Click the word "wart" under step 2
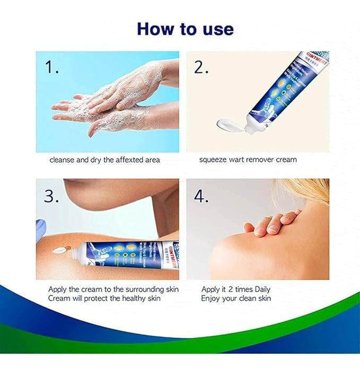[240, 159]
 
